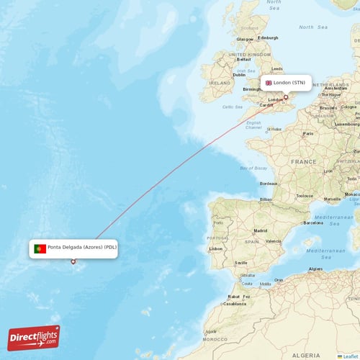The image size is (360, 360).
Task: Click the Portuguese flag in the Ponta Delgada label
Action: [x=40, y=248]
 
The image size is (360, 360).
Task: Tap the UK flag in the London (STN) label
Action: [x=269, y=83]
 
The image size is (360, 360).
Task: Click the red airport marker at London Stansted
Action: [x=285, y=96]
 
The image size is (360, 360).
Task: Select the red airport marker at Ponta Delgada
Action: [x=73, y=261]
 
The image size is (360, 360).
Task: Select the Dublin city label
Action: [x=239, y=75]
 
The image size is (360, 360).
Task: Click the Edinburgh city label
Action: [x=267, y=38]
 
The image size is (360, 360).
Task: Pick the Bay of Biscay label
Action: [x=254, y=169]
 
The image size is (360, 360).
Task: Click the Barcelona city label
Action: [x=313, y=223]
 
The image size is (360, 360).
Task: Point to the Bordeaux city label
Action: [x=269, y=184]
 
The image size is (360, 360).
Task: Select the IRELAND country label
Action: [x=219, y=83]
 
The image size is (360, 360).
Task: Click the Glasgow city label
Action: [x=246, y=39]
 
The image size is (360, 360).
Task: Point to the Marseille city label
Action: [x=333, y=199]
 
